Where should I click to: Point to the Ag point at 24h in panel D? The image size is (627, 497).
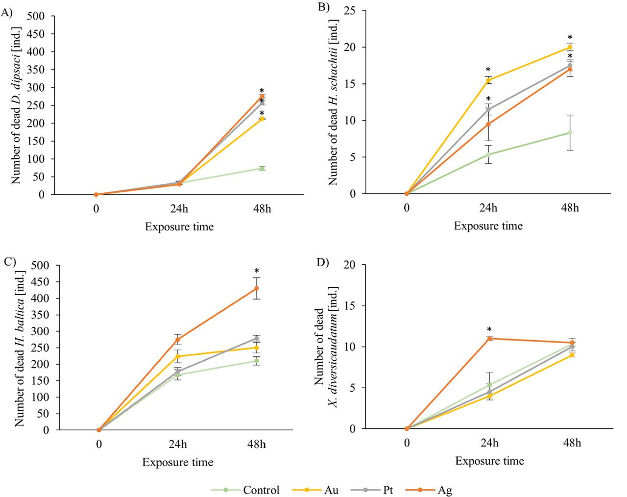(x=489, y=338)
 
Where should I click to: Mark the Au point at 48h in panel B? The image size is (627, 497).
(x=570, y=47)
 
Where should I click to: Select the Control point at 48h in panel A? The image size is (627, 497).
(x=262, y=168)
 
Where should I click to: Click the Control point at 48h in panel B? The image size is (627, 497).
(x=570, y=132)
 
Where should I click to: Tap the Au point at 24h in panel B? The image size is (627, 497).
(x=488, y=80)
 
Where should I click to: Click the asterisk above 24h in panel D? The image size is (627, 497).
(x=489, y=329)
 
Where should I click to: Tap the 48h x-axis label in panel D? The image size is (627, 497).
(x=571, y=443)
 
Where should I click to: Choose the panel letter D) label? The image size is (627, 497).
(x=321, y=262)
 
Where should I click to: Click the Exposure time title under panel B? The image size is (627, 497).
(x=488, y=226)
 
